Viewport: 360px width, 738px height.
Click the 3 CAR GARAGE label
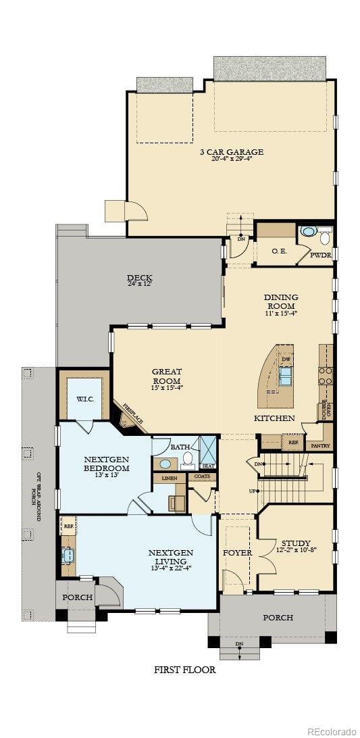(x=231, y=151)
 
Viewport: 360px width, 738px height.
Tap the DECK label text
(x=139, y=278)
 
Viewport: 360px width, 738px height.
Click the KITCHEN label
(x=274, y=418)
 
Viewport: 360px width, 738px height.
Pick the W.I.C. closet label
(x=84, y=399)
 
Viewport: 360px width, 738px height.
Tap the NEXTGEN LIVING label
(x=170, y=553)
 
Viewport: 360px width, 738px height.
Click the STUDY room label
(x=296, y=543)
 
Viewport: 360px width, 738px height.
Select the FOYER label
(x=237, y=553)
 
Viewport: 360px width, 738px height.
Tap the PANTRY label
(x=317, y=446)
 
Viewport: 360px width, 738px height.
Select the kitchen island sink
(x=286, y=375)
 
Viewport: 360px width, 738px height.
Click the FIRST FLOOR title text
(x=184, y=670)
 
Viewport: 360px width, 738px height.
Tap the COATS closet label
(x=202, y=476)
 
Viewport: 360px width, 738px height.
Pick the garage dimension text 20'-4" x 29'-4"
(x=231, y=159)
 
